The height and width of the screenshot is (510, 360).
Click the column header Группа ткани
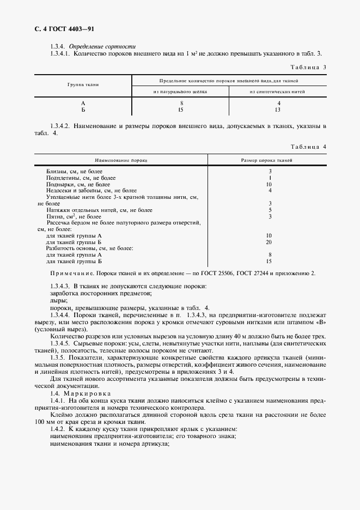point(83,86)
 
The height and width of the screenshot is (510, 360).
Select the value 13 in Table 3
point(278,110)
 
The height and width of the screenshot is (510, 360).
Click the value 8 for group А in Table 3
point(181,103)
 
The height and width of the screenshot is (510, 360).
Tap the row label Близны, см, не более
point(71,172)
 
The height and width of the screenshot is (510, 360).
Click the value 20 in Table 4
point(269,242)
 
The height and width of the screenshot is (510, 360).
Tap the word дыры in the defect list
point(58,300)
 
